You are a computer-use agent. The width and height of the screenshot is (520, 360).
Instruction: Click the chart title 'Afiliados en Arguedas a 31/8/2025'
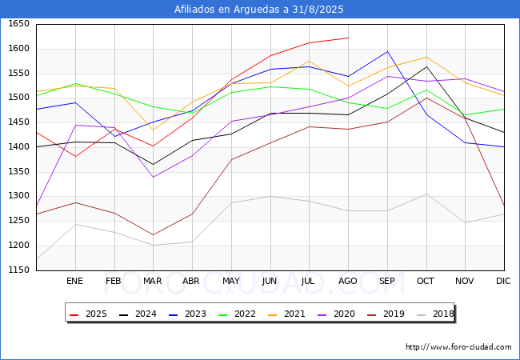click(x=259, y=10)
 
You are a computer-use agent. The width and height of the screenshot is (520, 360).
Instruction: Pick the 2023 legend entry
click(x=185, y=314)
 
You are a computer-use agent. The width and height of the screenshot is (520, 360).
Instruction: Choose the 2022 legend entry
click(x=234, y=314)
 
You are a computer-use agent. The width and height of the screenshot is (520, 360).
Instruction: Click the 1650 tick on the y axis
click(x=18, y=24)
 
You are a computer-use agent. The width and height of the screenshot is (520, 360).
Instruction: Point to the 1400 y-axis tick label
click(x=18, y=147)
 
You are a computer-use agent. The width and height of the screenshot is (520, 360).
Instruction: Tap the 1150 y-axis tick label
click(x=18, y=270)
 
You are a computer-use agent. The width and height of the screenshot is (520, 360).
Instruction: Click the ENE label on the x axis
click(x=74, y=281)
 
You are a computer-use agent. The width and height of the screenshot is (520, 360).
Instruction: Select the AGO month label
click(x=348, y=281)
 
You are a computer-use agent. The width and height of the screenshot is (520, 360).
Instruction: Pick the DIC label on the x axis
click(x=503, y=281)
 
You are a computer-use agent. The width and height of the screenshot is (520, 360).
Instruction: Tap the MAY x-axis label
click(x=230, y=281)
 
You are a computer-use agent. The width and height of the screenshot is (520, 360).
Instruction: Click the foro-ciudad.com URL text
click(x=458, y=347)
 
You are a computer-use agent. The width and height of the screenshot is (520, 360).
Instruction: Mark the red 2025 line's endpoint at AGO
click(x=348, y=38)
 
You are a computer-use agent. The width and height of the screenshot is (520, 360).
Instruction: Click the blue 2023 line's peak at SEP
click(x=387, y=52)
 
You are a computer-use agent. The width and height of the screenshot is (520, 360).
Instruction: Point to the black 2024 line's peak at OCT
click(x=426, y=66)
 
